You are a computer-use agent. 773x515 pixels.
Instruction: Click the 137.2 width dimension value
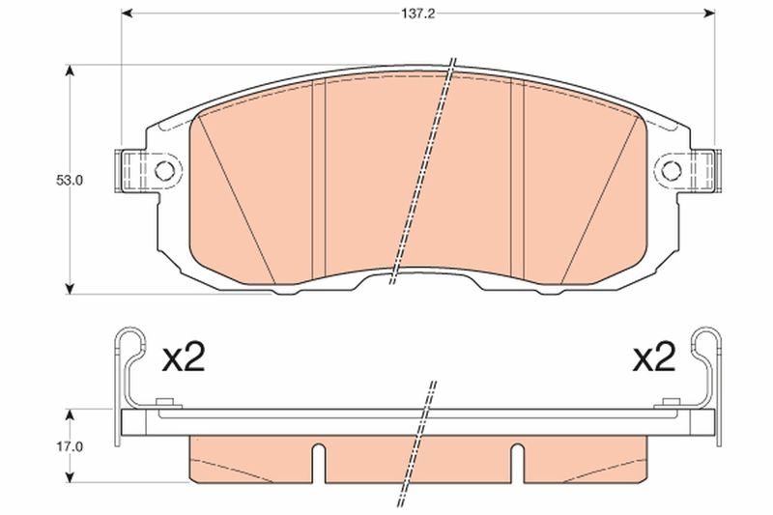[x=417, y=14]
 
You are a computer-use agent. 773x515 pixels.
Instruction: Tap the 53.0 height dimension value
[x=69, y=181]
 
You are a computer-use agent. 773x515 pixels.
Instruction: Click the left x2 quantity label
[x=184, y=358]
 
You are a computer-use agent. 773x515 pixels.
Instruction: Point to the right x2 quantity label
[x=654, y=358]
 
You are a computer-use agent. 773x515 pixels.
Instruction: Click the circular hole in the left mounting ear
[x=164, y=171]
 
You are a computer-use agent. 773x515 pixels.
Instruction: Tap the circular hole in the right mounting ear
[x=671, y=171]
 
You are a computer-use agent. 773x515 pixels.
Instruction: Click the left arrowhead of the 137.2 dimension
[x=127, y=14]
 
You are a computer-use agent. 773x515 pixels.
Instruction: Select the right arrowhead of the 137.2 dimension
[x=709, y=14]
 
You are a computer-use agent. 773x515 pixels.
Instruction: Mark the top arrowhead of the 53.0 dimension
[x=70, y=71]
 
